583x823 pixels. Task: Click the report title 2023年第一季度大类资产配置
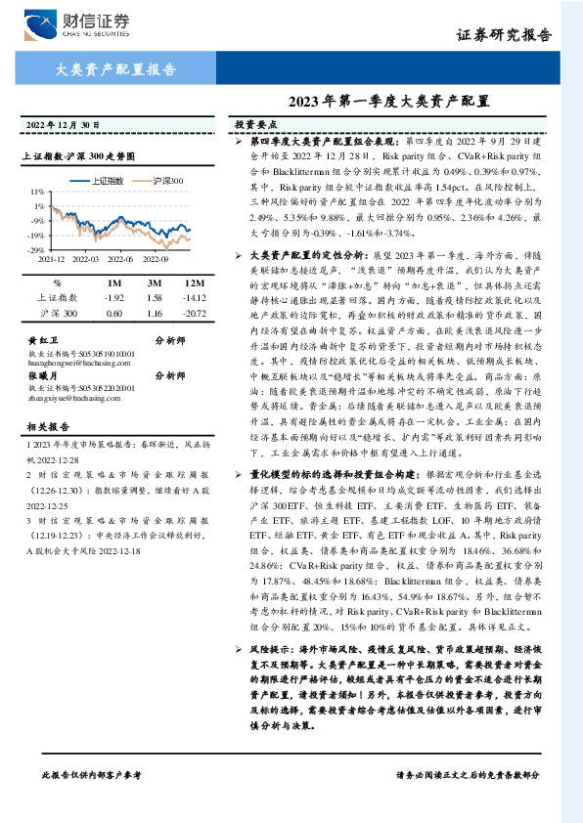tap(388, 101)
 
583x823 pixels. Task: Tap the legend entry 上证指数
tap(108, 181)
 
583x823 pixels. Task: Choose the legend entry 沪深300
tap(168, 181)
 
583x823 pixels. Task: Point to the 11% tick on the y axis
tap(36, 192)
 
